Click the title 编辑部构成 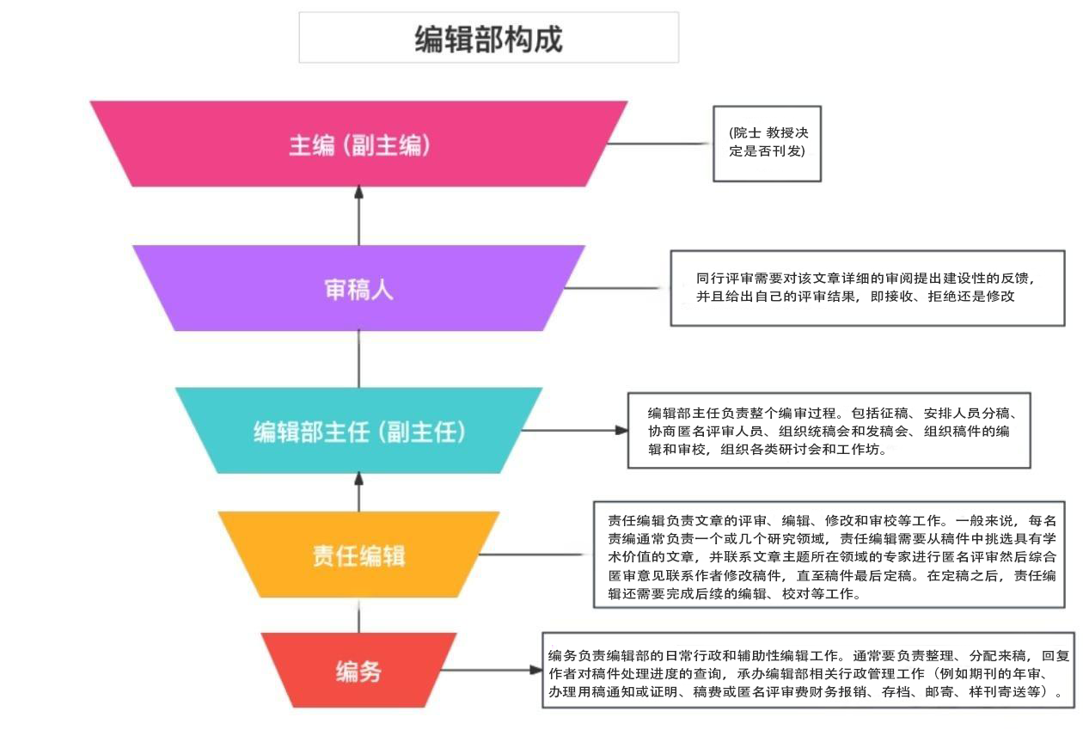(x=488, y=39)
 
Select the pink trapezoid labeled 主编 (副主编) (x=359, y=144)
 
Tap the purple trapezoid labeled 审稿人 (x=359, y=289)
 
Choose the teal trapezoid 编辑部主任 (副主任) (x=359, y=431)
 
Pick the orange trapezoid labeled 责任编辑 (x=359, y=555)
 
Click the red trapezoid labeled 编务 (x=359, y=671)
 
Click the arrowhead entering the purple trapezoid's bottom (x=359, y=338)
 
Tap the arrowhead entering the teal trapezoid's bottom (x=359, y=480)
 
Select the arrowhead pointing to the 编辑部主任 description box (x=621, y=430)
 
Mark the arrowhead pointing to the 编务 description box (x=535, y=671)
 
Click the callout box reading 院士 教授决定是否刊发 (x=767, y=144)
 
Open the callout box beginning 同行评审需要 (x=867, y=288)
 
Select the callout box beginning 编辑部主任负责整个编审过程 (x=829, y=430)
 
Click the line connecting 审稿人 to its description (x=619, y=288)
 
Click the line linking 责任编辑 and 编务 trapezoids (x=359, y=616)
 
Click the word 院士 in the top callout (x=745, y=134)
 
